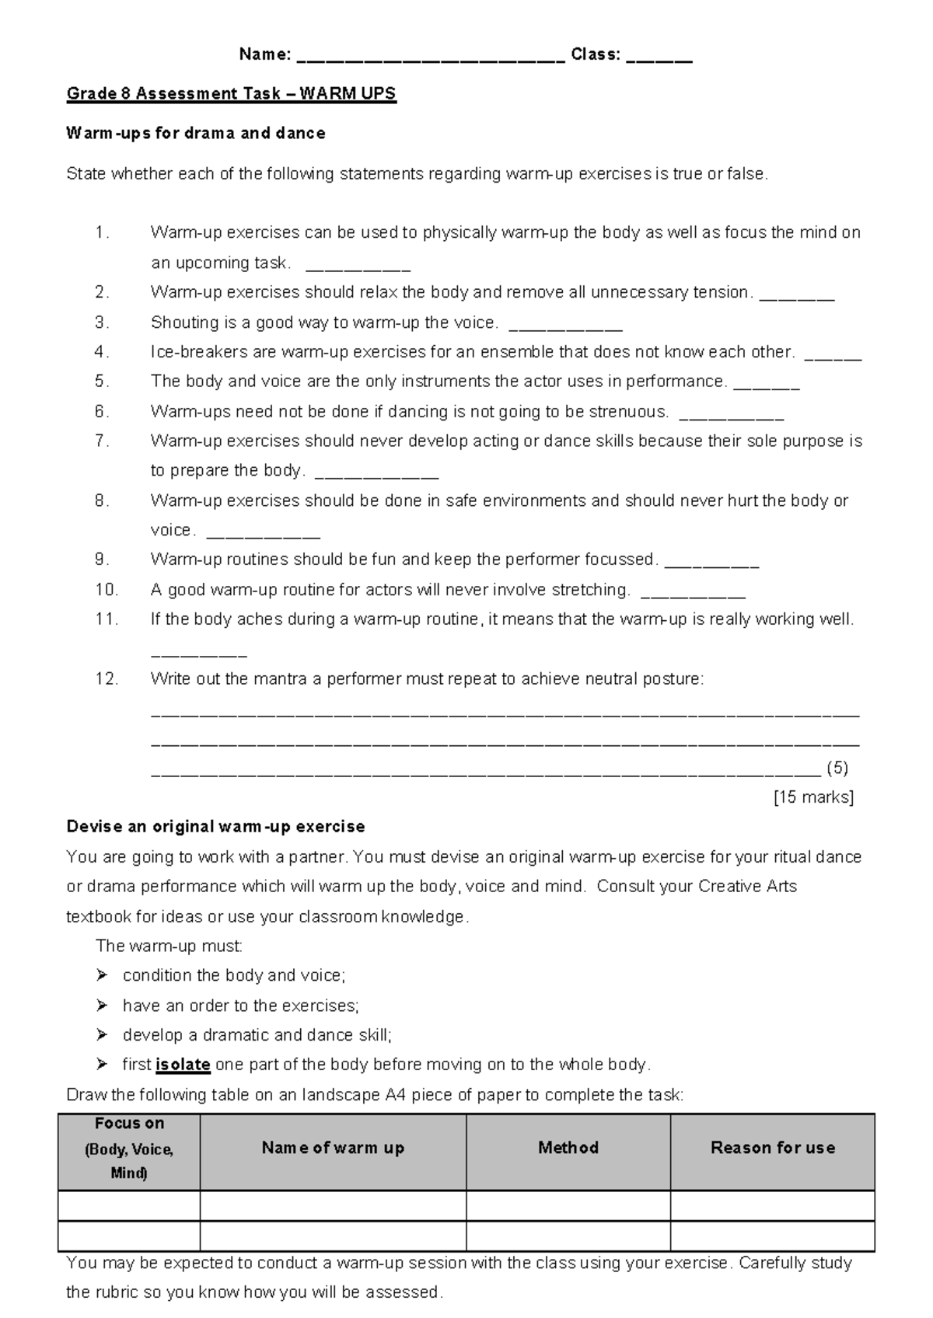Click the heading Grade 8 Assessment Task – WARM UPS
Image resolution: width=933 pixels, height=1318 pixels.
point(231,94)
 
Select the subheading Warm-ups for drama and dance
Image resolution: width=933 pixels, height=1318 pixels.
point(195,133)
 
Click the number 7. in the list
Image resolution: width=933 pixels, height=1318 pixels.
point(102,441)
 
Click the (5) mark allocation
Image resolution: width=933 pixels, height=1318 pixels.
point(837,769)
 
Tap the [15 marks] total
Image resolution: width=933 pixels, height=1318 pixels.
point(813,797)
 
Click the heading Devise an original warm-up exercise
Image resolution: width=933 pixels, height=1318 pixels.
point(215,826)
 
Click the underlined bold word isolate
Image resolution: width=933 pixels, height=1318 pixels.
point(183,1065)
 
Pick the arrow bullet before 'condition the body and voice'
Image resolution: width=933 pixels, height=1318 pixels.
point(102,975)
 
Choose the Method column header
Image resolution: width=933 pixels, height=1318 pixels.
point(568,1148)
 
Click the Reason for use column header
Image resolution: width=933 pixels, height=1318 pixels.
point(772,1148)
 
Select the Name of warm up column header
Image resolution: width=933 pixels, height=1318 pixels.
point(333,1148)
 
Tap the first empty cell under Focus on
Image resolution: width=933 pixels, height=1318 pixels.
point(129,1205)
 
